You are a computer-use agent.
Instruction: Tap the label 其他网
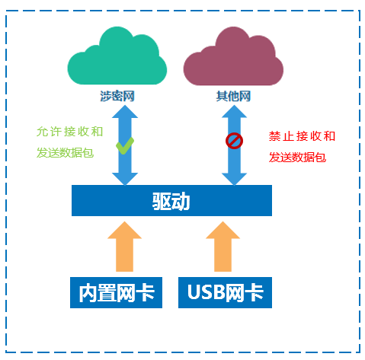(x=233, y=97)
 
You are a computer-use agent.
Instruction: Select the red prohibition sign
(x=234, y=141)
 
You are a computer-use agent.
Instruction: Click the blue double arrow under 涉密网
(x=124, y=164)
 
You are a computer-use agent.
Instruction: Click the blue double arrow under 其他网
(x=234, y=164)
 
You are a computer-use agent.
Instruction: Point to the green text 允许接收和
(x=69, y=131)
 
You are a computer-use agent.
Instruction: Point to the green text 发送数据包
(x=66, y=152)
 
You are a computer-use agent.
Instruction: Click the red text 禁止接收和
(x=302, y=136)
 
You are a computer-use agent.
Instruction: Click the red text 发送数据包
(x=297, y=158)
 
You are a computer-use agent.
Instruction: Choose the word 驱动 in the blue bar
(x=171, y=202)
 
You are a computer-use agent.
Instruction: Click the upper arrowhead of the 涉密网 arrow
(x=124, y=113)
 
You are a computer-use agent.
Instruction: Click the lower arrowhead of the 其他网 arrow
(x=234, y=178)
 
